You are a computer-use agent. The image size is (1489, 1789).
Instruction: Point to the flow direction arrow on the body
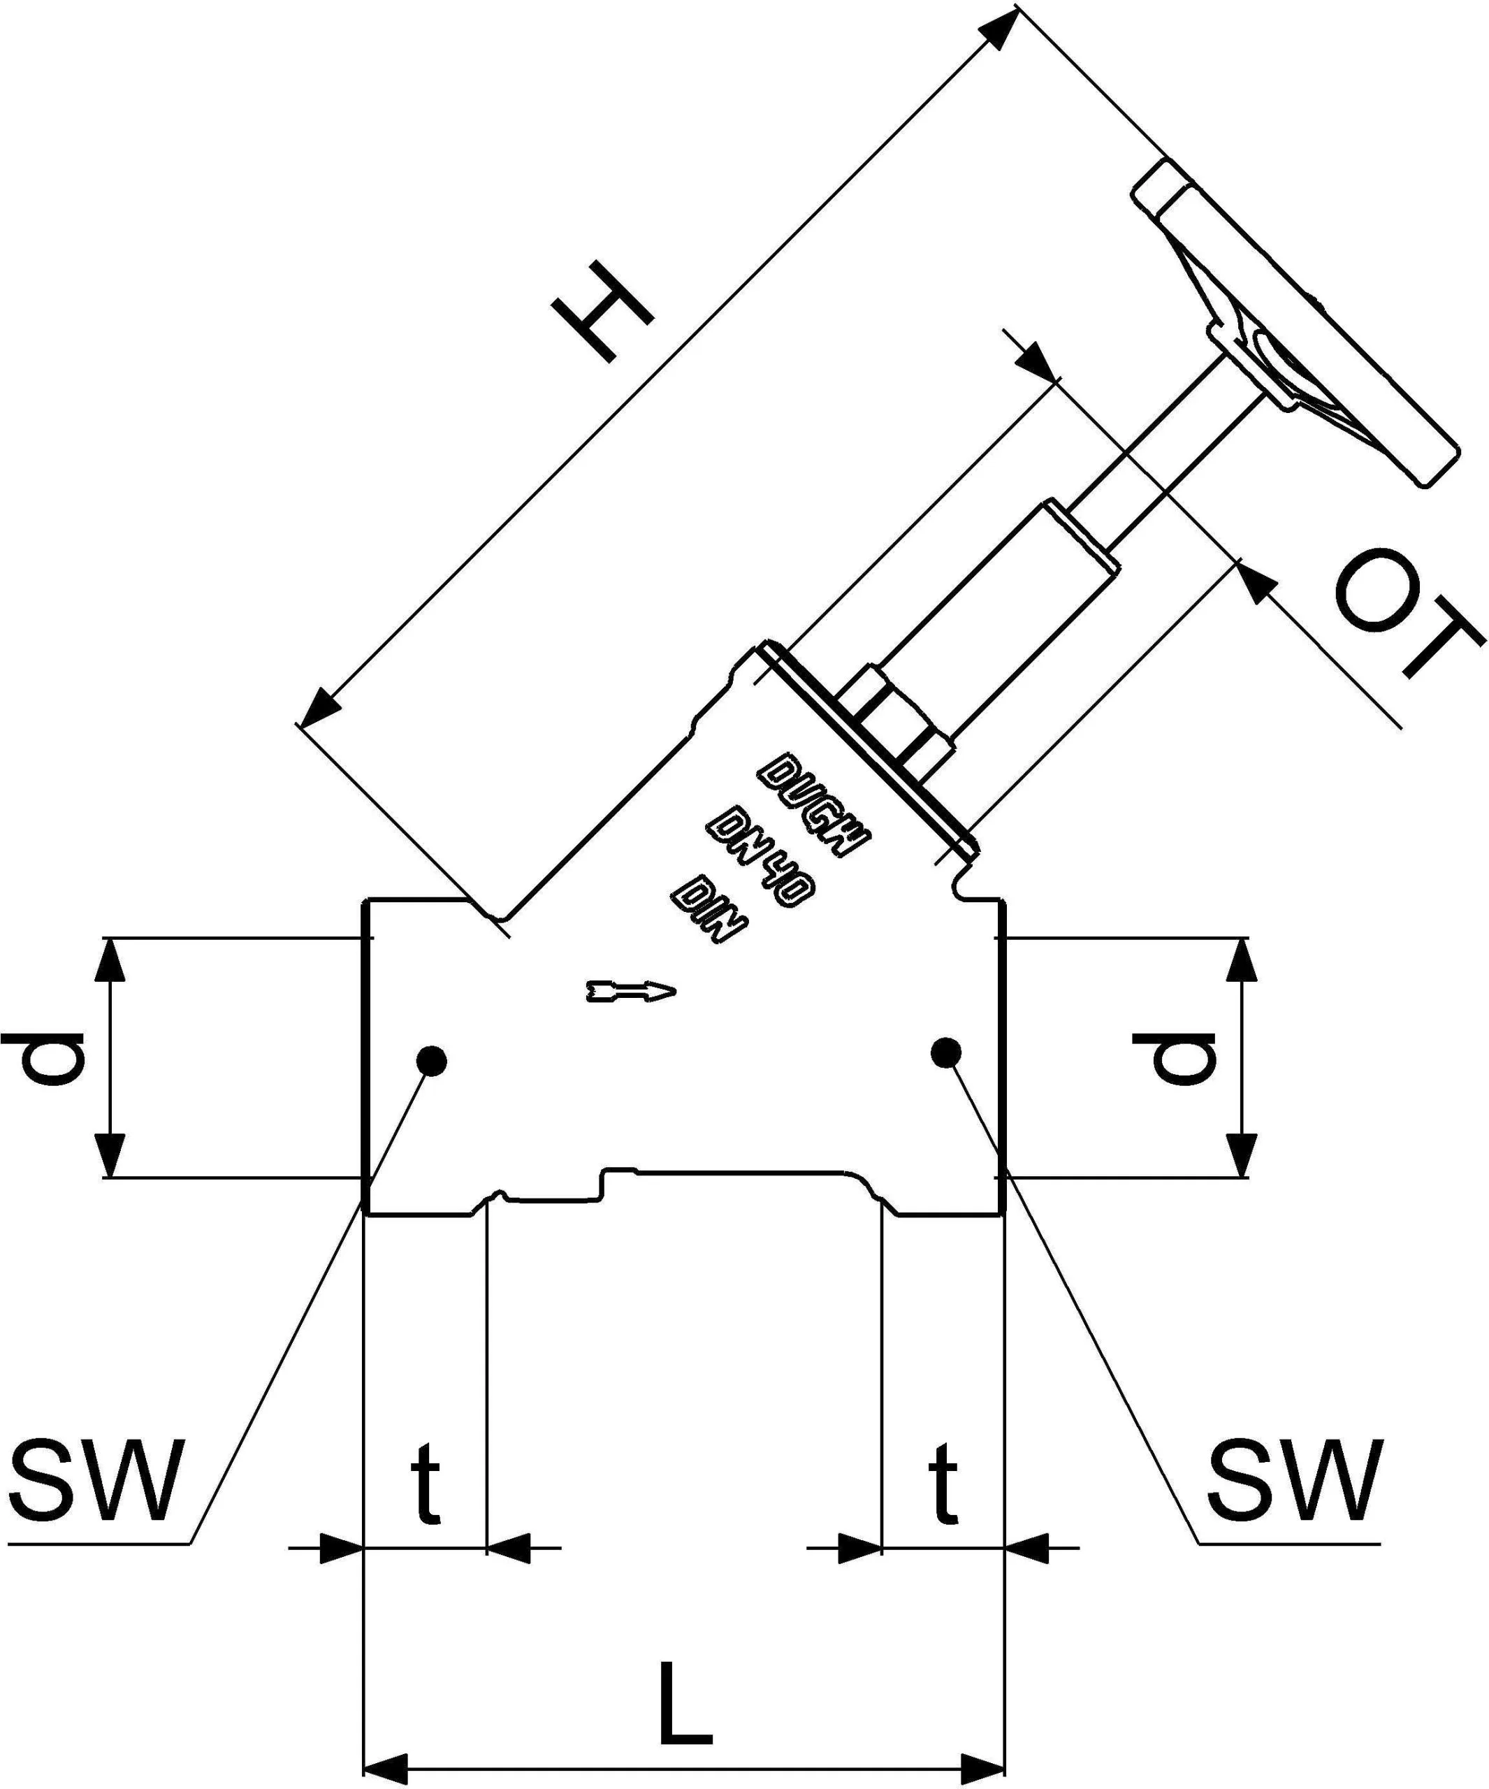click(630, 991)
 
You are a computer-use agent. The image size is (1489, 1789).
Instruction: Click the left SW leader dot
click(431, 1061)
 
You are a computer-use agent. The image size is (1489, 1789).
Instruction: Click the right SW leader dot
click(945, 1053)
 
